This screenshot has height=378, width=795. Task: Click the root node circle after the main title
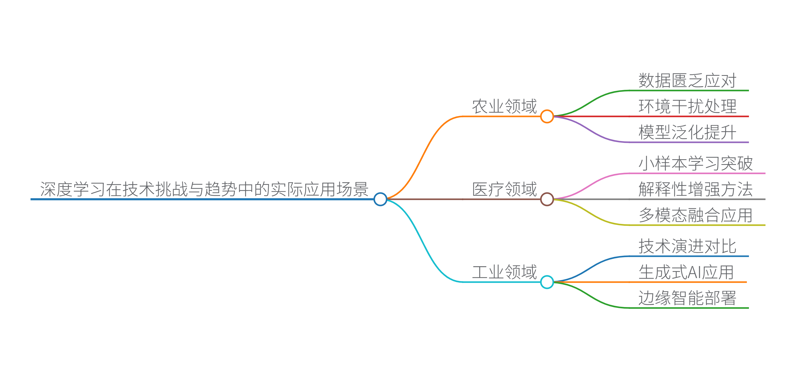pyautogui.click(x=380, y=199)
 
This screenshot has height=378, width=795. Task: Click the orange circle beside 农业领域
pyautogui.click(x=547, y=117)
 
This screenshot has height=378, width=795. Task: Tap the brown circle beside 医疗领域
pyautogui.click(x=547, y=199)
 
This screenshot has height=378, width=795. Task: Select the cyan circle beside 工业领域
pyautogui.click(x=547, y=282)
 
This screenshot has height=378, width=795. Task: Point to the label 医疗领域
pyautogui.click(x=505, y=189)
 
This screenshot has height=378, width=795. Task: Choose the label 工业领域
pyautogui.click(x=505, y=272)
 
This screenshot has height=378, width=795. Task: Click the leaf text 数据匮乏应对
pyautogui.click(x=687, y=81)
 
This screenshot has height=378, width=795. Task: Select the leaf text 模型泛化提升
pyautogui.click(x=687, y=133)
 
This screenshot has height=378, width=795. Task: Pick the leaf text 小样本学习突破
pyautogui.click(x=696, y=163)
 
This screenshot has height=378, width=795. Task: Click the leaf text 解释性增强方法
pyautogui.click(x=696, y=189)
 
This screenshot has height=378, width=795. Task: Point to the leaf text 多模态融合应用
pyautogui.click(x=696, y=215)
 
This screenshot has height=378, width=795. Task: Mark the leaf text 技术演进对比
pyautogui.click(x=687, y=246)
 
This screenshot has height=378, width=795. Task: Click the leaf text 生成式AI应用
pyautogui.click(x=686, y=272)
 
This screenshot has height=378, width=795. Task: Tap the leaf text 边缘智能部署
pyautogui.click(x=687, y=298)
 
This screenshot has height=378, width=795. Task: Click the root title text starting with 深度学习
pyautogui.click(x=204, y=189)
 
